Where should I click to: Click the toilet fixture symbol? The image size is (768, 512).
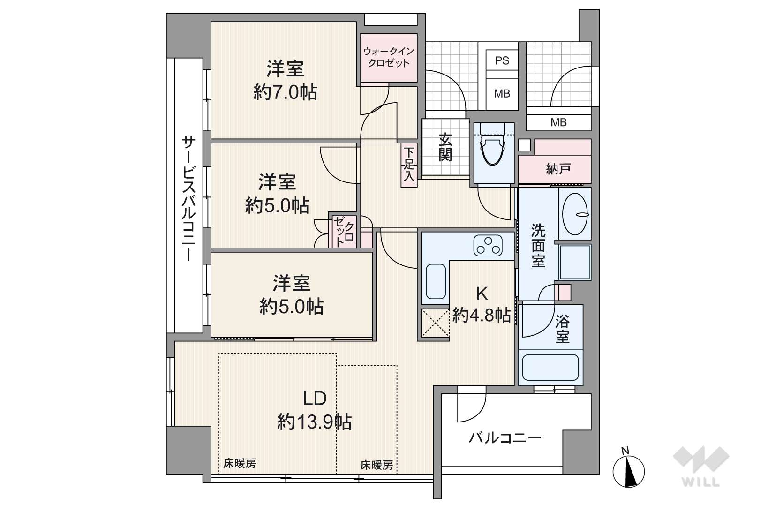[493, 148]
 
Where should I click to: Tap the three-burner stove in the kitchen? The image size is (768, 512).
[488, 246]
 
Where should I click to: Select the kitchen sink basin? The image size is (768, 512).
[436, 281]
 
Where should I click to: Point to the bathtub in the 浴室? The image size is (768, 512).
[550, 367]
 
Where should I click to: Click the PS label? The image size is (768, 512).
[502, 60]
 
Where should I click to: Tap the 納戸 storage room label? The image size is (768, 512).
[558, 169]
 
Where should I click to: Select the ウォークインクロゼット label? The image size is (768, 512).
[389, 57]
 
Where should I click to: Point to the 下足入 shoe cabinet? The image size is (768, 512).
[409, 165]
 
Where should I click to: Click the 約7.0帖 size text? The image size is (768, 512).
[285, 92]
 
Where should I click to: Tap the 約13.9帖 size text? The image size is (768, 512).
[315, 422]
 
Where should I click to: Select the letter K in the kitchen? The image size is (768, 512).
[482, 294]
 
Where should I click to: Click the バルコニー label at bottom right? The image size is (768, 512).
[504, 438]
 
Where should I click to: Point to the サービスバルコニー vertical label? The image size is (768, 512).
[188, 198]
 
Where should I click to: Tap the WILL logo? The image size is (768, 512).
[701, 466]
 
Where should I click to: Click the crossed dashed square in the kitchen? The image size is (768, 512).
[435, 323]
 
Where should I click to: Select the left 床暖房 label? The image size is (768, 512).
[240, 464]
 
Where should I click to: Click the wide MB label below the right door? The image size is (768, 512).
[558, 122]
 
